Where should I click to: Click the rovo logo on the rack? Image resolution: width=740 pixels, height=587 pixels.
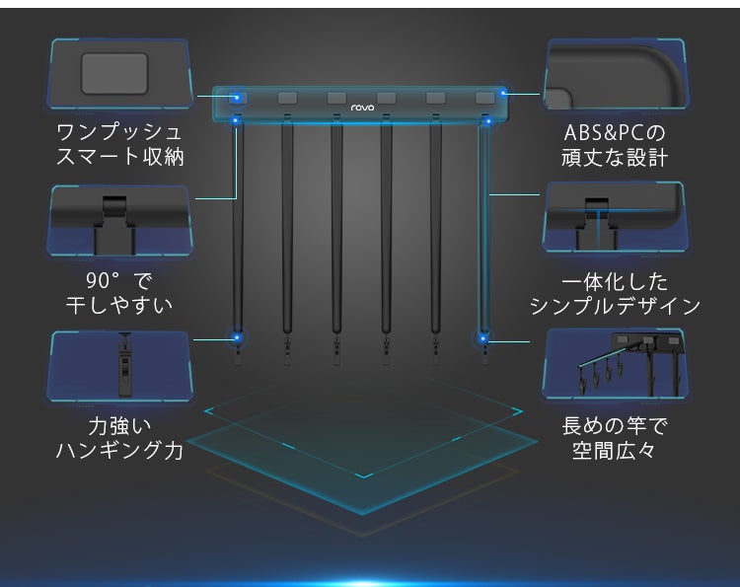362,108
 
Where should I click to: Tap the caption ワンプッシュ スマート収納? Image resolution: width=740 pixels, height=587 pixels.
119,144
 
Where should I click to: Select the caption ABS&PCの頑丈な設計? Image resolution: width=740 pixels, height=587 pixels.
615,145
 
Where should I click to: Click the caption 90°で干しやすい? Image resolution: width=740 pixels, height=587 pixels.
119,293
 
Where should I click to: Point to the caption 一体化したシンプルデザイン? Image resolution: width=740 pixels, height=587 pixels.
615,294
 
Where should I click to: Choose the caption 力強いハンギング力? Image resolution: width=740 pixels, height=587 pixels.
119,438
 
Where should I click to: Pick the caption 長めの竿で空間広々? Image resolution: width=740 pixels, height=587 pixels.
615,438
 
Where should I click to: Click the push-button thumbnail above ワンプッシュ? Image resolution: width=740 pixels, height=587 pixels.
120,74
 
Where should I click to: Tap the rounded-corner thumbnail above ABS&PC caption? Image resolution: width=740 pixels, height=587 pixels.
615,75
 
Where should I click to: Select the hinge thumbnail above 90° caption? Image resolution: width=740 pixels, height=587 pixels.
120,220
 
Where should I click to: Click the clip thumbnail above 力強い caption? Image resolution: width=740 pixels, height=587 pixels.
120,366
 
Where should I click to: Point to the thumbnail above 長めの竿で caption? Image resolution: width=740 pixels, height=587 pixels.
615,363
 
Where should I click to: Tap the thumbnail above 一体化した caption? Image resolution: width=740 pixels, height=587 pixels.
615,217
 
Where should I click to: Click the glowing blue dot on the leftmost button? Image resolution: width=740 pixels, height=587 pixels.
237,98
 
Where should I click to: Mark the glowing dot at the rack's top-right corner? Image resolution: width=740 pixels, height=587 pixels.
503,93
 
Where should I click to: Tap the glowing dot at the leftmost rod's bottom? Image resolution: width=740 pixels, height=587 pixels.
237,337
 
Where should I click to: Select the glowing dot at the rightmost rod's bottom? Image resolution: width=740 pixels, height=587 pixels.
482,338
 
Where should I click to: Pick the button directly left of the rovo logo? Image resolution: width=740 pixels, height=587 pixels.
336,98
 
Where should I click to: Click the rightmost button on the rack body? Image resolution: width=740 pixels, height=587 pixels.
485,98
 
